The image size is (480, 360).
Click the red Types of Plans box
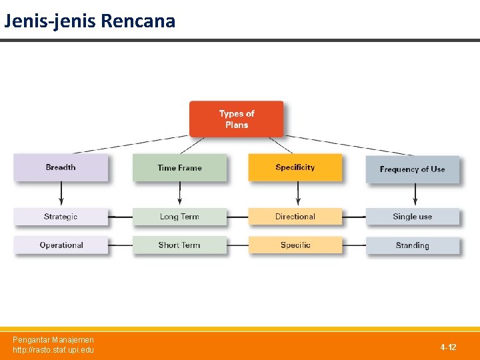click(x=236, y=119)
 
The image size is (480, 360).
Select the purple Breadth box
click(x=61, y=167)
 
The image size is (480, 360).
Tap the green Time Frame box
click(x=179, y=168)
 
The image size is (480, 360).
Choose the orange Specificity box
click(x=295, y=167)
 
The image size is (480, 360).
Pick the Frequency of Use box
click(x=412, y=169)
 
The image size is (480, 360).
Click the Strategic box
click(x=61, y=217)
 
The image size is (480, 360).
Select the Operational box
click(x=61, y=245)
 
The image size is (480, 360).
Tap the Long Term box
click(x=179, y=217)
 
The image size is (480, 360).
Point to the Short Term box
click(x=179, y=245)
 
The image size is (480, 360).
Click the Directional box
click(x=295, y=217)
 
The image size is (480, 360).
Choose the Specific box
click(x=295, y=245)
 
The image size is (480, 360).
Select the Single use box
click(x=412, y=217)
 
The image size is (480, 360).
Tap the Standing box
click(x=412, y=245)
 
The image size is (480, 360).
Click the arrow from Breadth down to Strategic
click(x=61, y=194)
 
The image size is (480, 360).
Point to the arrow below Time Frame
click(x=179, y=194)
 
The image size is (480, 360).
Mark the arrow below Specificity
click(x=297, y=194)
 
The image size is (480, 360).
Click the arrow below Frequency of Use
click(x=415, y=194)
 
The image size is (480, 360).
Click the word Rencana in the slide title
click(x=138, y=21)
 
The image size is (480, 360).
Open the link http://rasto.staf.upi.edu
click(x=53, y=350)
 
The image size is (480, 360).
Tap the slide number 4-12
click(x=448, y=347)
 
